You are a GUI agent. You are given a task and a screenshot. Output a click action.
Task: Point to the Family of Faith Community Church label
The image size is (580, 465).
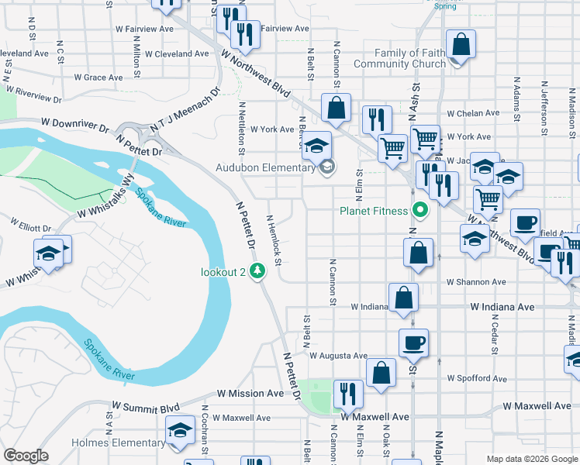coord(399,58)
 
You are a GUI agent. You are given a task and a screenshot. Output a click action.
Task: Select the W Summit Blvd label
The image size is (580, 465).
coord(146,406)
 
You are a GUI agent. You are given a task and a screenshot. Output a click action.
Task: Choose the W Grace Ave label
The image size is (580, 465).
coord(98,77)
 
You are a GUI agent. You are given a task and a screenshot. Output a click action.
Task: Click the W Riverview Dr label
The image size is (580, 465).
coord(33,95)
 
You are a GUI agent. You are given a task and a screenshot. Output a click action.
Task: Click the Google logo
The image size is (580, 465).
coord(26,455)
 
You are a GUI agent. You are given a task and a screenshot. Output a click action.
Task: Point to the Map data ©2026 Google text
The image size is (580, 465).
coord(531,459)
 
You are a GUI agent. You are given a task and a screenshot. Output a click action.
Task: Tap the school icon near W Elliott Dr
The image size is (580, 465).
coord(47,253)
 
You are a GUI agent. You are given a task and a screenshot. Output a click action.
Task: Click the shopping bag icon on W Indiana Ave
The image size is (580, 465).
coord(404,298)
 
